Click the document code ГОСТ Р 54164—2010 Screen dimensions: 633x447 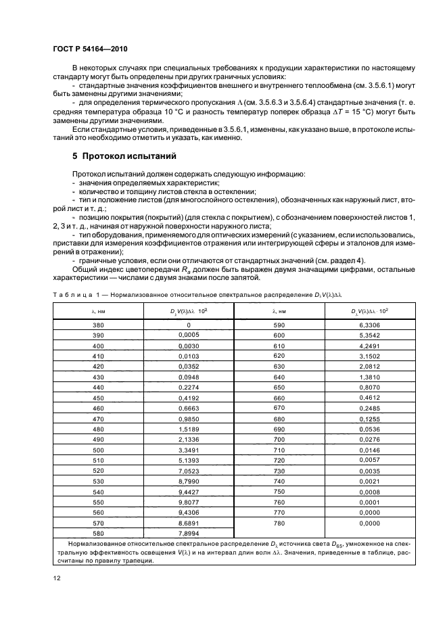91,49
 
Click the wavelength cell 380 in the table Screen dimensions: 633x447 97,325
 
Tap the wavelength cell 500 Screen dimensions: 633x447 97,450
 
